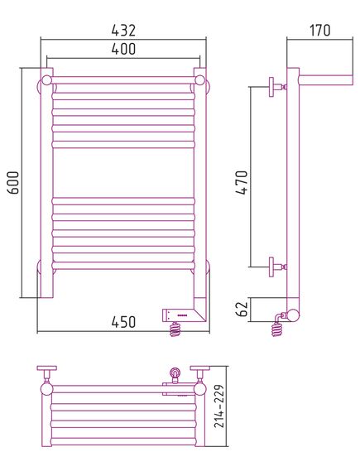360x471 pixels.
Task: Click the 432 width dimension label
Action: click(x=123, y=30)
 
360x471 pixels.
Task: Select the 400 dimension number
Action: click(x=123, y=49)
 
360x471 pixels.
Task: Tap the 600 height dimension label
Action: click(x=13, y=183)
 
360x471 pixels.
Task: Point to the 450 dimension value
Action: click(x=123, y=322)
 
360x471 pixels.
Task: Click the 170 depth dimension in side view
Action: click(x=320, y=30)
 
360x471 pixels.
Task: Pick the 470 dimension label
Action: click(x=242, y=183)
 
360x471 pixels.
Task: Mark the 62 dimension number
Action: click(x=242, y=309)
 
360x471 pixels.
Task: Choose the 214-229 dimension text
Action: click(x=219, y=406)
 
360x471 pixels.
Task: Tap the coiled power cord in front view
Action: click(x=175, y=329)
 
